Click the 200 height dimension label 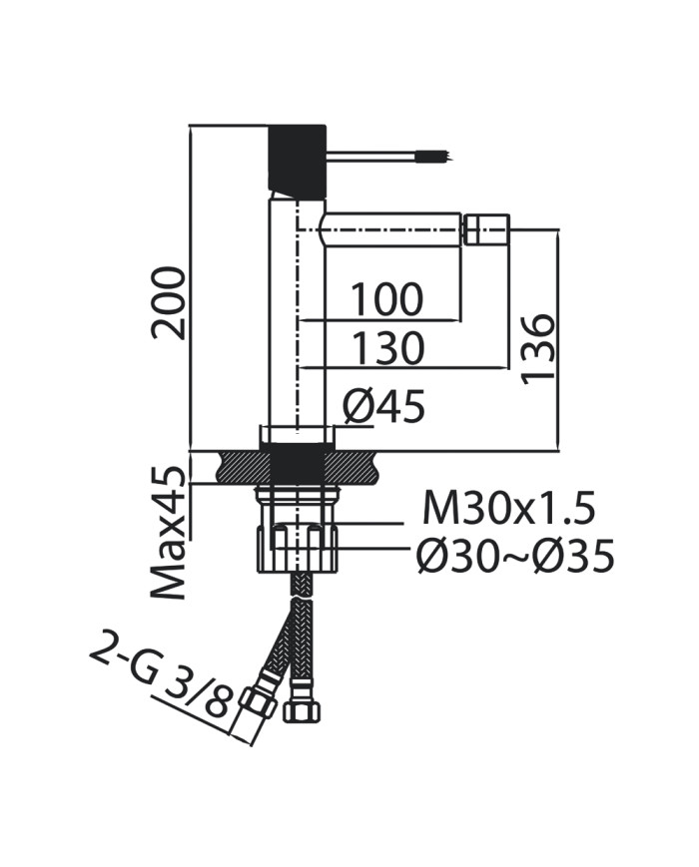tap(170, 302)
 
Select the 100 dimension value tap(385, 300)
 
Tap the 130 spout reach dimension tap(385, 349)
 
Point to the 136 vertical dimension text tap(537, 347)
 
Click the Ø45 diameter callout tap(384, 406)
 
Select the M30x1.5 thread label tap(508, 509)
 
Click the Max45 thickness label tap(170, 533)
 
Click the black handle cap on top tap(298, 158)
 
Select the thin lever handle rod tap(374, 155)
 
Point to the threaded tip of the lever tap(435, 156)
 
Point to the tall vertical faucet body tap(298, 319)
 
